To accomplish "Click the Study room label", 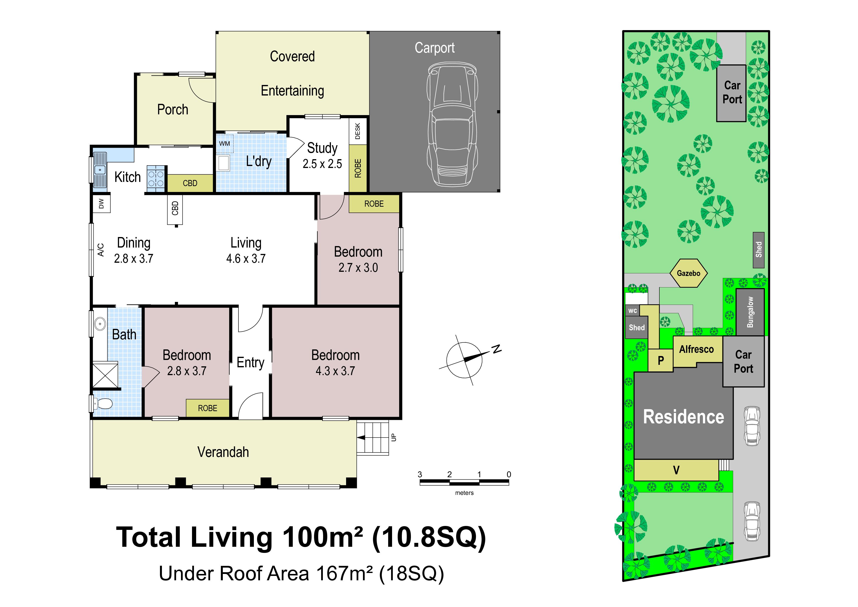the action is tap(322, 148).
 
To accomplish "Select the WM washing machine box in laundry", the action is tap(225, 144).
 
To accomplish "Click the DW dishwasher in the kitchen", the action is tap(101, 204).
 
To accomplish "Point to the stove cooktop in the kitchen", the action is tap(156, 179).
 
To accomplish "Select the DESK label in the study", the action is tap(358, 131).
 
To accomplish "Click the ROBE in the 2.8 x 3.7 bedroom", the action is tap(208, 408).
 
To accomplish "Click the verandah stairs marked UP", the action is tap(373, 438).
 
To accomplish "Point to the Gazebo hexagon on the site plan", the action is tap(688, 273).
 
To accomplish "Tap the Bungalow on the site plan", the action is tap(750, 312).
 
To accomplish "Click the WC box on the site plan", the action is tap(632, 310).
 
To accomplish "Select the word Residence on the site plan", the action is tap(683, 417).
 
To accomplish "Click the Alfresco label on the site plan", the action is tap(697, 349).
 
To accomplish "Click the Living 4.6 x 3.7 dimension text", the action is tap(246, 258).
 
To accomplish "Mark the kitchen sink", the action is tap(100, 170).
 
